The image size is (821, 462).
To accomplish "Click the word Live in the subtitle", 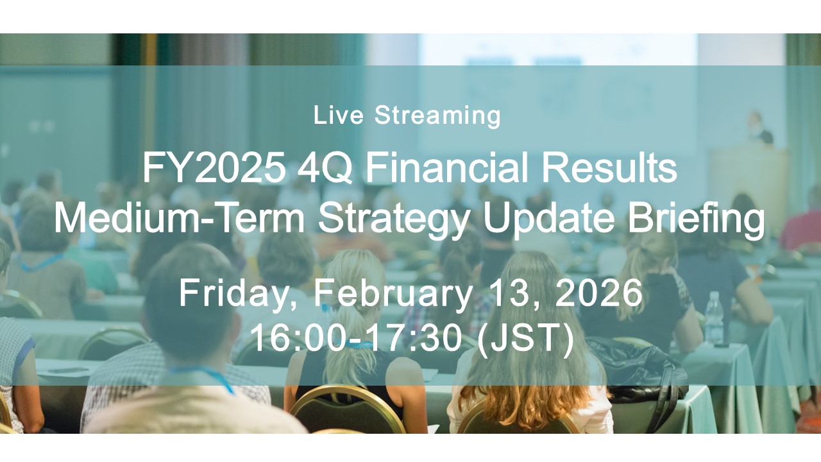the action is [x=339, y=115].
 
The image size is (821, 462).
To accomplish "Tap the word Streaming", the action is [x=437, y=117].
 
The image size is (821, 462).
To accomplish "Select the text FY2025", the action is [x=214, y=168].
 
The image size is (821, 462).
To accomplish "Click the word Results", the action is [x=609, y=167].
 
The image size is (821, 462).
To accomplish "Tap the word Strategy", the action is [x=394, y=219].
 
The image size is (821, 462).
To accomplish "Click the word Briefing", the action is [x=697, y=219].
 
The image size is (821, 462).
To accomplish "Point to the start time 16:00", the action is [x=298, y=338].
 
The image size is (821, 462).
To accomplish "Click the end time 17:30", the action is [x=416, y=338].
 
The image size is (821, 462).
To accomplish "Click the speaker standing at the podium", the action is [x=761, y=128].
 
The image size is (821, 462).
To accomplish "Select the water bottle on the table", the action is [x=714, y=318].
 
